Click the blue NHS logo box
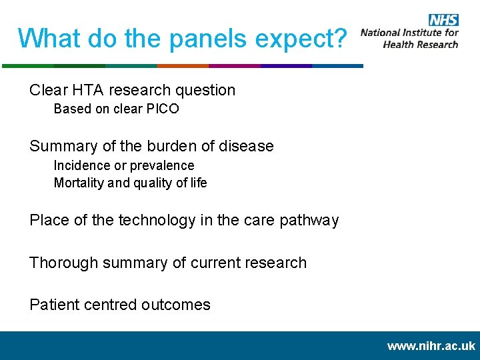[443, 20]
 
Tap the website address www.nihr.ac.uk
[431, 346]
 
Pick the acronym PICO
[164, 109]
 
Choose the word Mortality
[79, 183]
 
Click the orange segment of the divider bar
[183, 66]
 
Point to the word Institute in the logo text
[427, 32]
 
